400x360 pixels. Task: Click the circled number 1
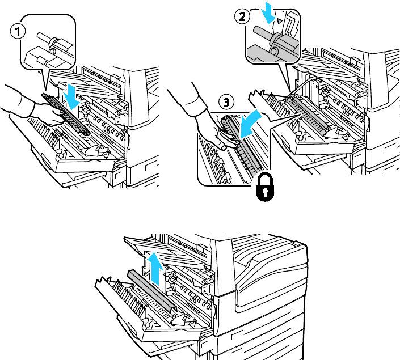[x=18, y=32]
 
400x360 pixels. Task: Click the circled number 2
[x=242, y=17]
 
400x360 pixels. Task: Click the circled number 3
[x=226, y=102]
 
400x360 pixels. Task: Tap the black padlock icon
[x=265, y=187]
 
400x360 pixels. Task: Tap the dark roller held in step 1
[x=66, y=115]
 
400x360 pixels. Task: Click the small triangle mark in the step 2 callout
[x=279, y=21]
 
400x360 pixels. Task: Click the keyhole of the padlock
[x=265, y=192]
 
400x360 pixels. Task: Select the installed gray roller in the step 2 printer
[x=309, y=113]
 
